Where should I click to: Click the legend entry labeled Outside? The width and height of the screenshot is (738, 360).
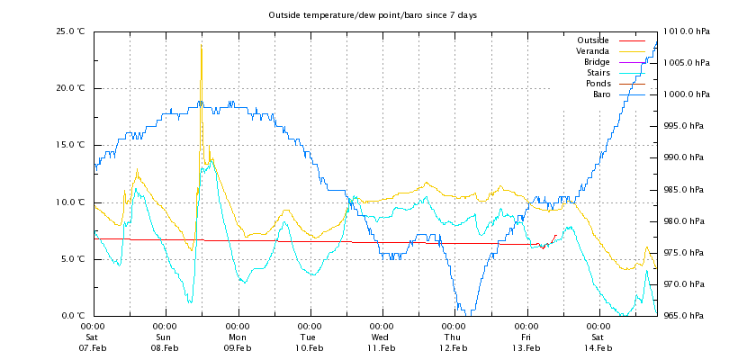[x=593, y=40]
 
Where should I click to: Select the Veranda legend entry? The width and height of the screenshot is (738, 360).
[x=592, y=51]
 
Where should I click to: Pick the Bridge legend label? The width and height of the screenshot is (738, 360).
[x=597, y=62]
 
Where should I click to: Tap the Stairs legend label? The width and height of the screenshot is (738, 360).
[x=598, y=73]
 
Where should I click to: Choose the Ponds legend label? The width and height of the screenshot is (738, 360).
[x=597, y=84]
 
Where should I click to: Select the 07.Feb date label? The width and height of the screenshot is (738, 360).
[x=94, y=347]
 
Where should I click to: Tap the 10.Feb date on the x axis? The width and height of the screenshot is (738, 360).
[x=310, y=347]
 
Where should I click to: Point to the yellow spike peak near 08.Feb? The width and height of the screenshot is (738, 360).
[x=201, y=46]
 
